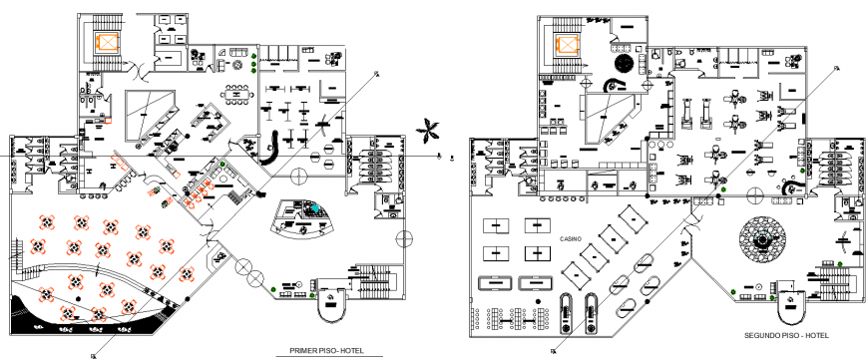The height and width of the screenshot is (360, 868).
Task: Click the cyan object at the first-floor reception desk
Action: (x=314, y=211)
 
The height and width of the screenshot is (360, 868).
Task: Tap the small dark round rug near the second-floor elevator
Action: (x=625, y=64)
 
